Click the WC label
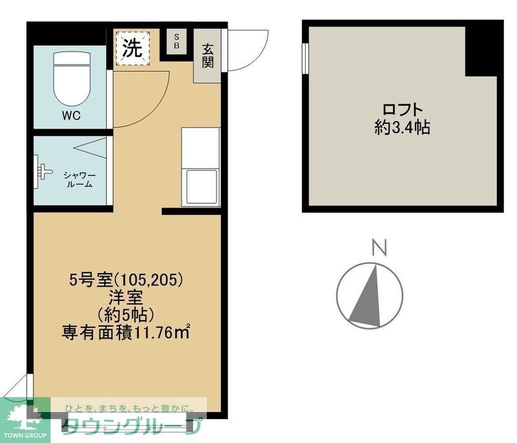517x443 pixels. point(71,117)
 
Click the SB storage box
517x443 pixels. point(176,42)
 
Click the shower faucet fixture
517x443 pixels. point(45,170)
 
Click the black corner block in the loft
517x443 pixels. point(483,49)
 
